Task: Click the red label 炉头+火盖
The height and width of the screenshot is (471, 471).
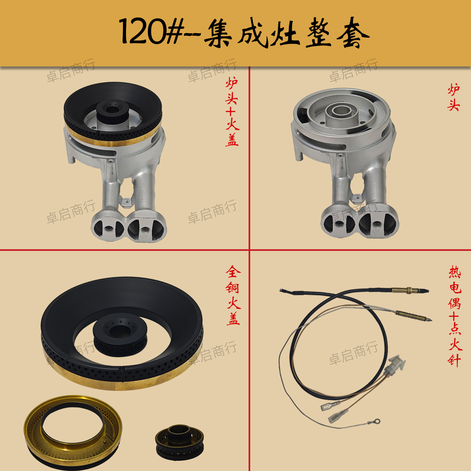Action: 232,112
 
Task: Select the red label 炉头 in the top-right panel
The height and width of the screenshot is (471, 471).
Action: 453,97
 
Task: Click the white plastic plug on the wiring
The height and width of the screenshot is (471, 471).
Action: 395,365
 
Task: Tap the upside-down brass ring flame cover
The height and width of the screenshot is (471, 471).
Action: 73,428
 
